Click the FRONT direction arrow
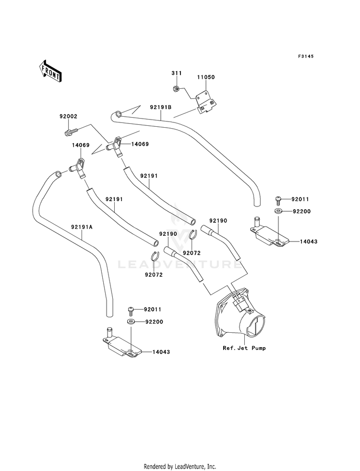[x=50, y=71]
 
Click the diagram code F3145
[x=306, y=56]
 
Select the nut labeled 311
[x=177, y=89]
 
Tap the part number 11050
[x=206, y=77]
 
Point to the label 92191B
[x=161, y=107]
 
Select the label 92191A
[x=82, y=227]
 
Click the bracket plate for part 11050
[x=206, y=103]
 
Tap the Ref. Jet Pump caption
[x=244, y=348]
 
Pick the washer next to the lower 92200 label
[x=131, y=322]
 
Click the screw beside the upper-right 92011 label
[x=278, y=199]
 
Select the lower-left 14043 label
[x=161, y=352]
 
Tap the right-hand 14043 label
[x=308, y=242]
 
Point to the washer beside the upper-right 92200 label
[x=278, y=211]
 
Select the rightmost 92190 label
[x=218, y=221]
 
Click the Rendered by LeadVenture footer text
[x=180, y=467]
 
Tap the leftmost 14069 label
[x=81, y=145]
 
